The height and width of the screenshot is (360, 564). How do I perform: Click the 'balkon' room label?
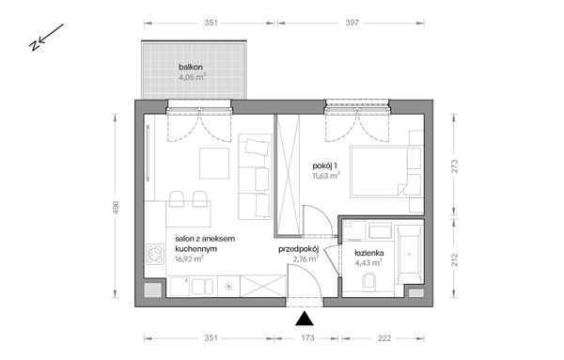pyautogui.click(x=192, y=68)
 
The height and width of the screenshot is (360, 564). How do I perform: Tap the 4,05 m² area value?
pyautogui.click(x=193, y=79)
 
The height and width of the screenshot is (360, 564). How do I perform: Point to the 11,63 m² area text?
pyautogui.click(x=325, y=174)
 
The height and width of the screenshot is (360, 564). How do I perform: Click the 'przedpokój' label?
pyautogui.click(x=299, y=248)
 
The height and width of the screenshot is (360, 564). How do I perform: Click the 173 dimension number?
pyautogui.click(x=305, y=336)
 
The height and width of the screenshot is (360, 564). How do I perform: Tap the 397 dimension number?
pyautogui.click(x=352, y=21)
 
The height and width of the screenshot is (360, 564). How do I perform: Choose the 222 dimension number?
pyautogui.click(x=385, y=336)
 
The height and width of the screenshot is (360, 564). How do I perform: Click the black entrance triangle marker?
pyautogui.click(x=305, y=318)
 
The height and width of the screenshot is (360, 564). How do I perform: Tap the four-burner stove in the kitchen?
pyautogui.click(x=154, y=256)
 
